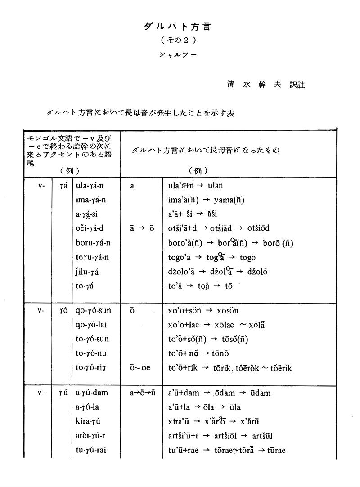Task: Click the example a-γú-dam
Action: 92,393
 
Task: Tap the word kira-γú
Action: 87,421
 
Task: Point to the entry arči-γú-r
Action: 90,436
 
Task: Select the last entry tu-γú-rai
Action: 91,450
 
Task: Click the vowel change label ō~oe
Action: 140,368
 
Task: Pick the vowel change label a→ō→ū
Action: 142,393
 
